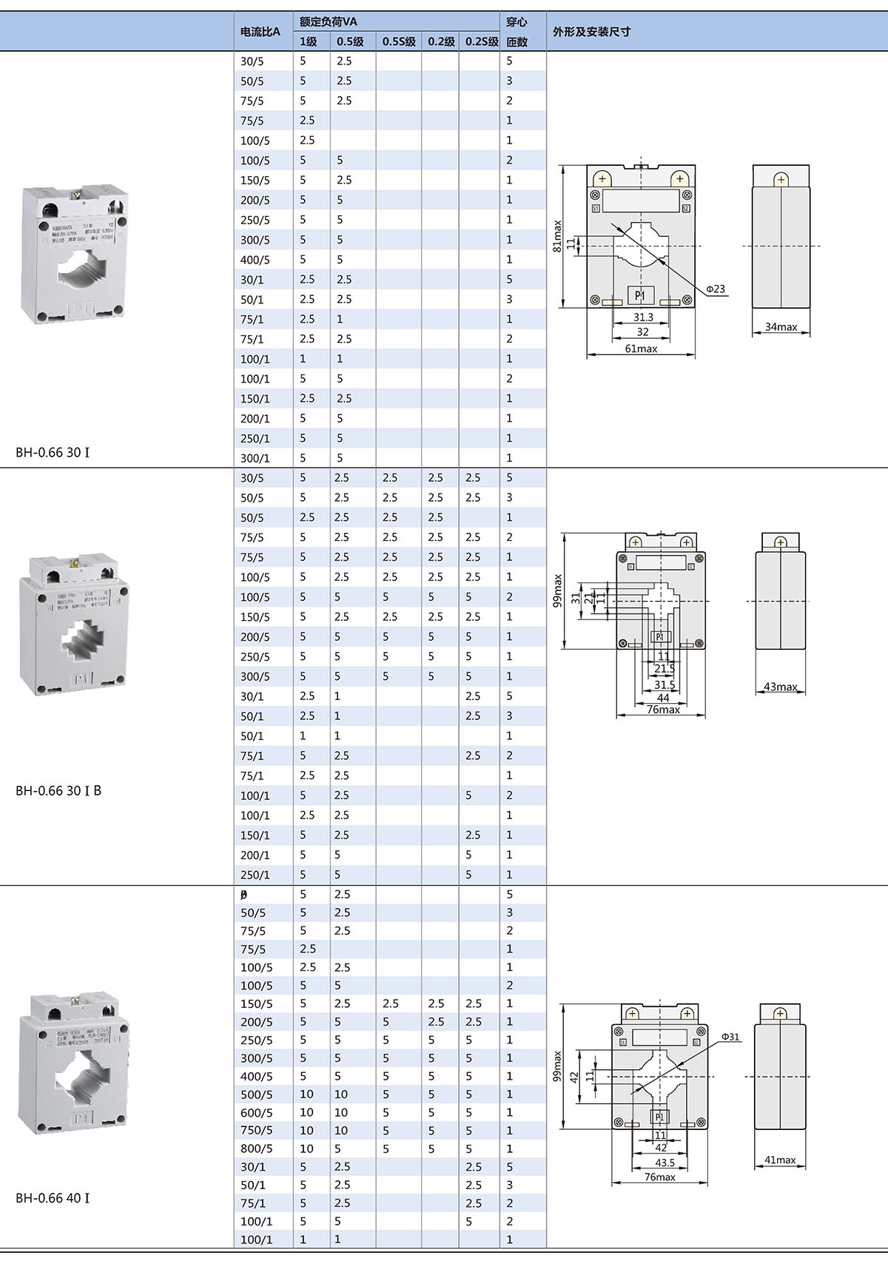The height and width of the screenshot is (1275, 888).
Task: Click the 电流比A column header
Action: click(x=260, y=32)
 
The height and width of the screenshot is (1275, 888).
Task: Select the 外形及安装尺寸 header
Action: click(x=591, y=32)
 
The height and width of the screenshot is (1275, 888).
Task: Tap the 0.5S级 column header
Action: click(x=399, y=42)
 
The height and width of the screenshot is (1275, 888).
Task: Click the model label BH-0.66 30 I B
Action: click(x=58, y=790)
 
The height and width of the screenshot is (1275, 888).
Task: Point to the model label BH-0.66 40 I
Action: click(x=53, y=1197)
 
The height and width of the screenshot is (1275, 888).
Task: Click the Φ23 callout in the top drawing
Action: click(x=715, y=289)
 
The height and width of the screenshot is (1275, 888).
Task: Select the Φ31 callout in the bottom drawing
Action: click(x=730, y=1037)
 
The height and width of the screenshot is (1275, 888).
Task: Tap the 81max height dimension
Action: click(x=557, y=236)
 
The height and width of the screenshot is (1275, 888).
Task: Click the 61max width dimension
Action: click(x=641, y=349)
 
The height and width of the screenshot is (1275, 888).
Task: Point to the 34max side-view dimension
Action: click(x=781, y=326)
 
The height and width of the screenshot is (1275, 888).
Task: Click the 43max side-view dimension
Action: click(x=781, y=687)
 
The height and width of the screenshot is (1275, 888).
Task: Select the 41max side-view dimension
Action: click(x=780, y=1160)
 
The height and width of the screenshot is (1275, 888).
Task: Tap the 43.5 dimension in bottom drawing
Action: click(x=665, y=1163)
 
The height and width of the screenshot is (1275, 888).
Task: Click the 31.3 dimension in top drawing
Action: click(x=643, y=317)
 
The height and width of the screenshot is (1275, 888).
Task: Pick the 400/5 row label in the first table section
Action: click(x=255, y=260)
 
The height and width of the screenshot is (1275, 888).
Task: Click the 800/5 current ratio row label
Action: click(x=256, y=1148)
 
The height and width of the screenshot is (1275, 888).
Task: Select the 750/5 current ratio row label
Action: click(x=256, y=1130)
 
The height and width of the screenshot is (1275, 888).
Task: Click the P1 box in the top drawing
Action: click(x=640, y=295)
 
